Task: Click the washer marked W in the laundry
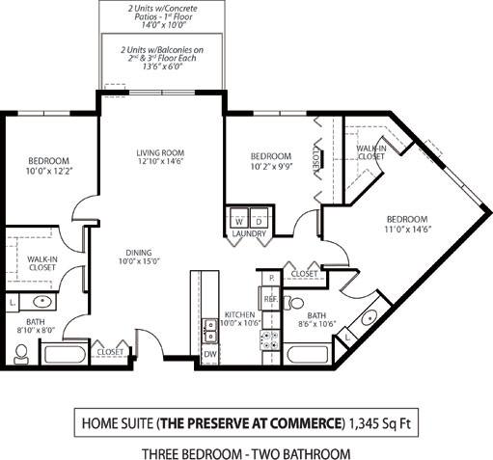[238, 219]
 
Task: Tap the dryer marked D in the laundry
[256, 219]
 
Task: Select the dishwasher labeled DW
[209, 354]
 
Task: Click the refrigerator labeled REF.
[271, 301]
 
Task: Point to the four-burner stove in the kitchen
[271, 338]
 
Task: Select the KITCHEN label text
[239, 314]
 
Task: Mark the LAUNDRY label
[248, 233]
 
